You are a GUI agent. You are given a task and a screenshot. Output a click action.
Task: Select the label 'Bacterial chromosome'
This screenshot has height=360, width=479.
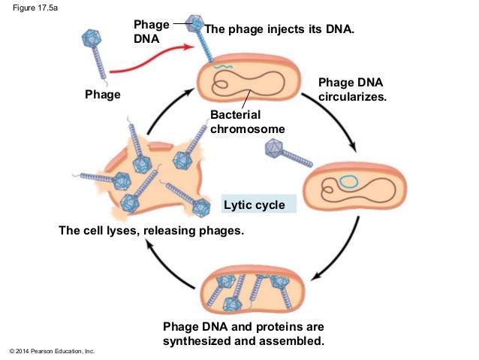(247, 122)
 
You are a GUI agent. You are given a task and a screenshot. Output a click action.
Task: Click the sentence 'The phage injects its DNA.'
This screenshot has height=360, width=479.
(279, 29)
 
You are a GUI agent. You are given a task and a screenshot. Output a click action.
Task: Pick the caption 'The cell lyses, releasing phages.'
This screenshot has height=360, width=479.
(152, 230)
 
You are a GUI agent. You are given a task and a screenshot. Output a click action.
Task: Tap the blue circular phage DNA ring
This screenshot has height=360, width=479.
(348, 182)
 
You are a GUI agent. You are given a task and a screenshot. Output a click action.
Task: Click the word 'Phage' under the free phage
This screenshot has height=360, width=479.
(102, 95)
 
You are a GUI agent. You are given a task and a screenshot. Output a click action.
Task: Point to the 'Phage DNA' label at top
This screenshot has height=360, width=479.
(151, 32)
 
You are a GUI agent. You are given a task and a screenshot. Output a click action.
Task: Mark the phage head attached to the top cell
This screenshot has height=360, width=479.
(195, 20)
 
